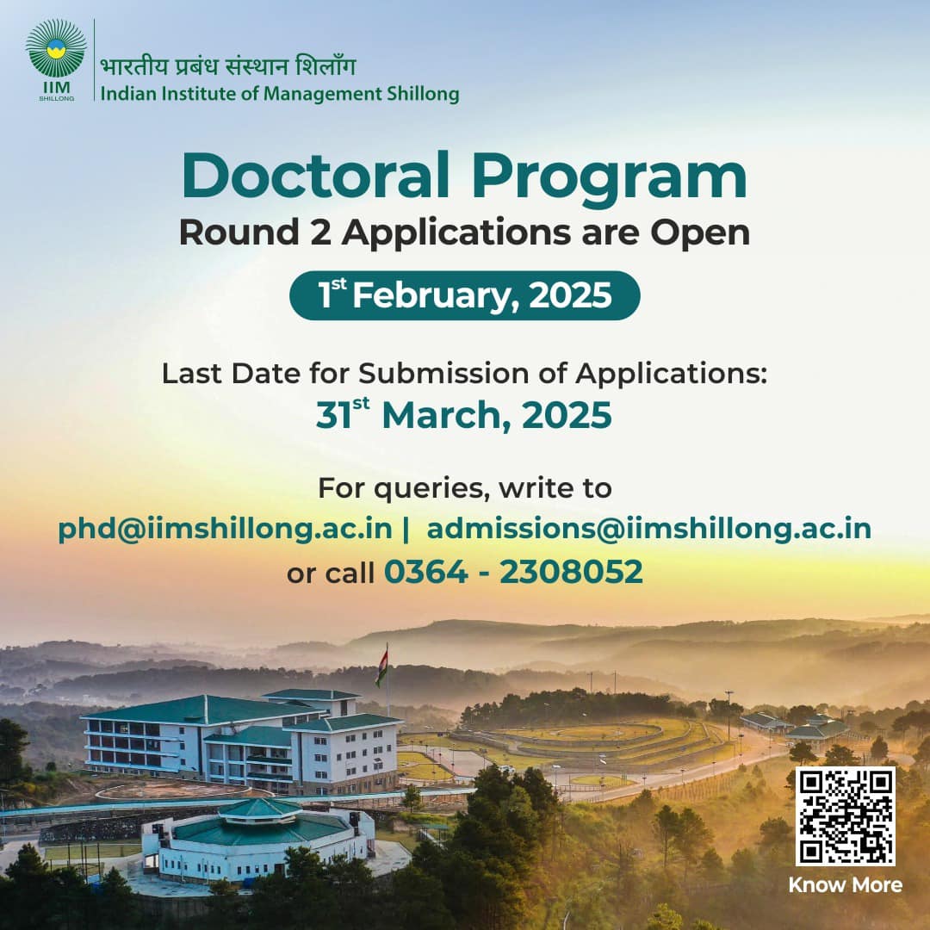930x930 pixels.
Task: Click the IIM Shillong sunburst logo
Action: pos(56,48)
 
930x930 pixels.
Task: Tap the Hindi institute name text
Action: pos(227,65)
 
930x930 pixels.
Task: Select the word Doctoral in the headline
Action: pos(315,176)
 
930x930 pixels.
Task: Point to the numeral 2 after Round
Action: pos(320,232)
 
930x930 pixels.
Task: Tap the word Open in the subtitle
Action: pos(700,233)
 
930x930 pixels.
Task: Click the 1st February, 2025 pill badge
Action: pos(464,295)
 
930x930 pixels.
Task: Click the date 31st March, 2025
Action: pos(464,414)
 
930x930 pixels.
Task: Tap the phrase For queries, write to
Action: pos(464,488)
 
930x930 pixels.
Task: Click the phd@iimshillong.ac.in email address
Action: pos(226,529)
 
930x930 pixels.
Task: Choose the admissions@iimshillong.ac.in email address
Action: pos(649,529)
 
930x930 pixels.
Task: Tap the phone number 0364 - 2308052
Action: pos(513,572)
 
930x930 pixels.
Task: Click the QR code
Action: pos(846,816)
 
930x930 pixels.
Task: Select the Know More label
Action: pos(846,885)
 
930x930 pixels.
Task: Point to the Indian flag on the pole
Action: pos(382,666)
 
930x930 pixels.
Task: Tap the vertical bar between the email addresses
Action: pos(406,529)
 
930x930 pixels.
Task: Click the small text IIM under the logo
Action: pos(56,88)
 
